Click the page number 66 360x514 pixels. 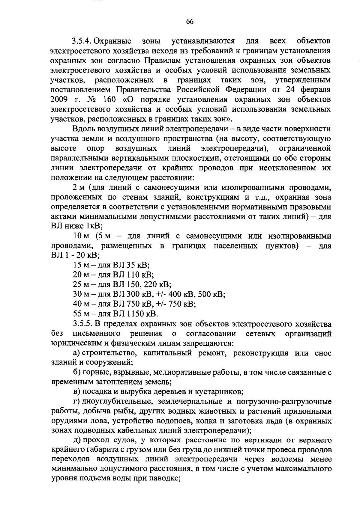pyautogui.click(x=190, y=21)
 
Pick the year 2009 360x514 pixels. pyautogui.click(x=60, y=100)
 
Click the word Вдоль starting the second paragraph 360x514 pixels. pyautogui.click(x=82, y=129)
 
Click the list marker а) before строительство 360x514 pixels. pyautogui.click(x=76, y=353)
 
